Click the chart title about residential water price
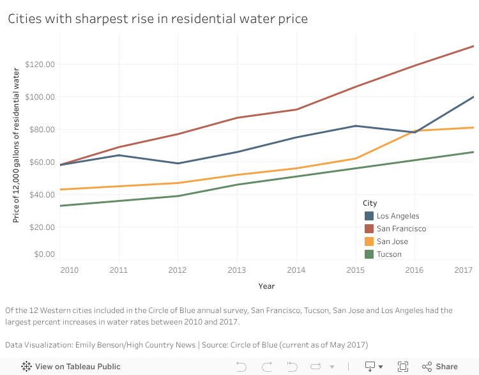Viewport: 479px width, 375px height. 158,19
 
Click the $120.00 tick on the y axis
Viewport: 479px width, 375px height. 40,65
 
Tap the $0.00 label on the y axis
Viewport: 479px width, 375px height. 44,254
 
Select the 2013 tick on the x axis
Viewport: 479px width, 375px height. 237,270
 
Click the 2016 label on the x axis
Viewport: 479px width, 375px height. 414,270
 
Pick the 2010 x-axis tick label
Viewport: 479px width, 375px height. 69,270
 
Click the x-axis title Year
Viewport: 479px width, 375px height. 266,286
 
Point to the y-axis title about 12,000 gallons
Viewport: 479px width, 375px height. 17,146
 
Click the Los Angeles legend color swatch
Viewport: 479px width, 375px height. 369,216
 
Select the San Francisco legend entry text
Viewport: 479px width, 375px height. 401,229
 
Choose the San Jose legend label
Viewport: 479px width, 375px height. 392,241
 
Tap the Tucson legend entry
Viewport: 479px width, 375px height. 389,254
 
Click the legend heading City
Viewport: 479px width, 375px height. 369,203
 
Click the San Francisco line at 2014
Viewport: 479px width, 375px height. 296,109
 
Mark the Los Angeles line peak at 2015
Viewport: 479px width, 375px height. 356,126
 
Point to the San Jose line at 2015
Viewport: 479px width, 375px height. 356,158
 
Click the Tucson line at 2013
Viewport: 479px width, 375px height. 237,185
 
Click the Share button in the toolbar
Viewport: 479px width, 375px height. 440,367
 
